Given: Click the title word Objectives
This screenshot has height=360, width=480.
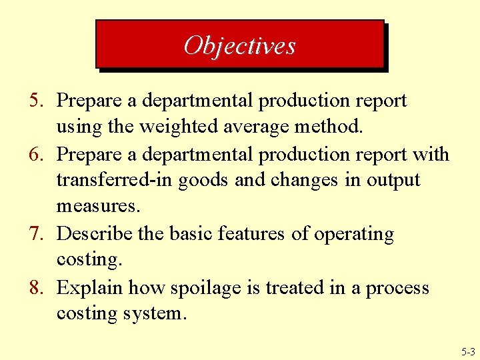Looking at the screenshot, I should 239,45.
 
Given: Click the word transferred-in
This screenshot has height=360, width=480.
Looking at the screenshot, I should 113,181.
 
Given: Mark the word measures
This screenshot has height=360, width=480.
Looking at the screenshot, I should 98,207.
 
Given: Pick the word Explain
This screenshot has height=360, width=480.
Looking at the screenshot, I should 90,288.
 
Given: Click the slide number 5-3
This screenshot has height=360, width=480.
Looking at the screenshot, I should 467,351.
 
